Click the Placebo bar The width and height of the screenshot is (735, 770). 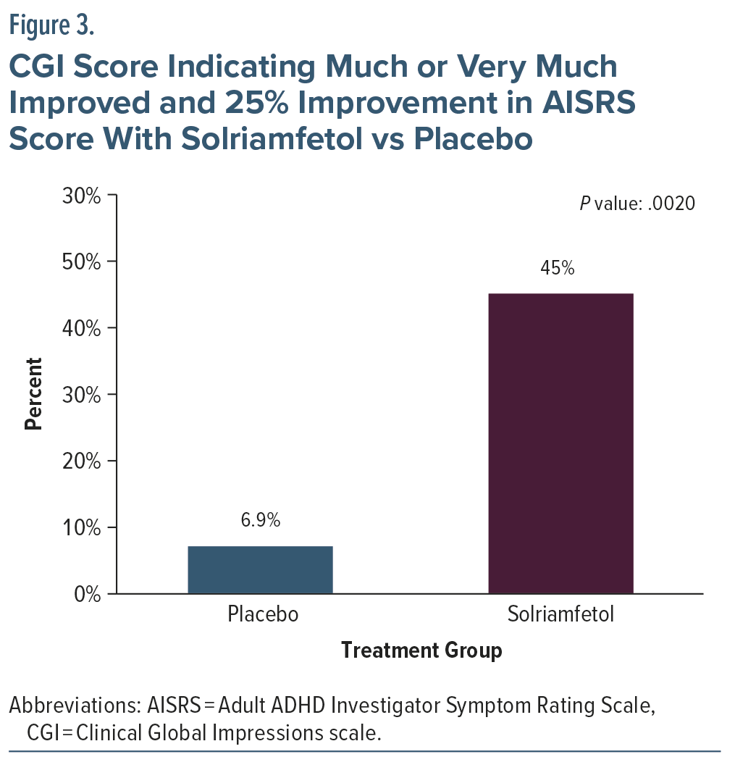coord(260,569)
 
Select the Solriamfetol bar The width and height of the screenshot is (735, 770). coord(560,443)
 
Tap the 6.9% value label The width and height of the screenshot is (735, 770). coord(260,520)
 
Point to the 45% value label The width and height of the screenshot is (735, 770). coord(558,268)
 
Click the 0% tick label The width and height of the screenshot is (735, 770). coord(90,594)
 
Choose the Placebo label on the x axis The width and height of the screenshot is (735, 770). coord(263,615)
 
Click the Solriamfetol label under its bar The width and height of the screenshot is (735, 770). coord(560,615)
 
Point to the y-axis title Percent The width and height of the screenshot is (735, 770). coord(34,394)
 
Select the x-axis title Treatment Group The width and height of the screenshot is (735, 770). coord(421,650)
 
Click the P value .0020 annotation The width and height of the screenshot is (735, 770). coord(637,204)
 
